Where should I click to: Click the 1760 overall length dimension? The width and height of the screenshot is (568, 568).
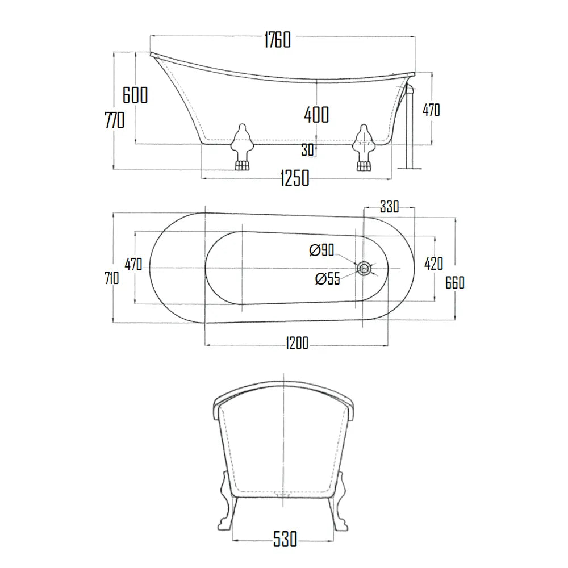[x=277, y=40]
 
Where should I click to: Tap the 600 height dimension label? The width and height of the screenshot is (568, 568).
[x=135, y=95]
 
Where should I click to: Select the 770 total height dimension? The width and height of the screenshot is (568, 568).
[x=114, y=120]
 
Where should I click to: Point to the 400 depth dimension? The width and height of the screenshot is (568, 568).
[x=316, y=115]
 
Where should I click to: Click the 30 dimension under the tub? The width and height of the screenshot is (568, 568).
[x=307, y=150]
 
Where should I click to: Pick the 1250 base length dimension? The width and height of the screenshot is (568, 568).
[x=295, y=178]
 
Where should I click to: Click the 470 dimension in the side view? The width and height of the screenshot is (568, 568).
[x=431, y=110]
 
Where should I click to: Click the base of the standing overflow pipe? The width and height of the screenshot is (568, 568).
[x=410, y=167]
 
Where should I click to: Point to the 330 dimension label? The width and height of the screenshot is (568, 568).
[x=389, y=207]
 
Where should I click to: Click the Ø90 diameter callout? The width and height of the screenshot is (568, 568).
[x=321, y=250]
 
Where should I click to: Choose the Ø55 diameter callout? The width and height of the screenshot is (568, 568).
[x=327, y=278]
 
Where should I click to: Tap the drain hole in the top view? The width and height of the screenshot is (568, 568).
[x=364, y=267]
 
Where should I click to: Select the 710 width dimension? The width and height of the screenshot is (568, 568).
[x=111, y=278]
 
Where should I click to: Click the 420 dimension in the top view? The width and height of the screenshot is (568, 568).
[x=433, y=264]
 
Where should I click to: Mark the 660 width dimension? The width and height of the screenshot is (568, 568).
[x=455, y=282]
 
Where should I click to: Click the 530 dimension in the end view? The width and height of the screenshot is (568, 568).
[x=285, y=538]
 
